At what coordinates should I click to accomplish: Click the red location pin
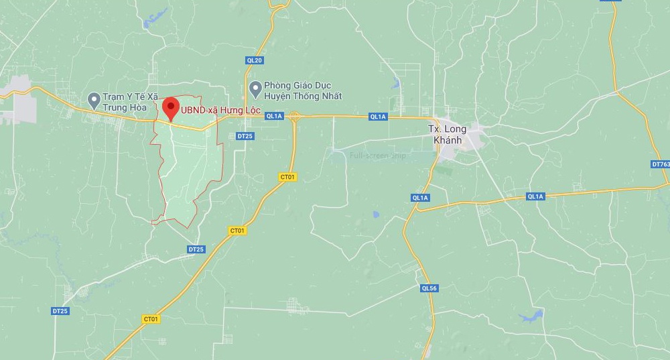(171, 108)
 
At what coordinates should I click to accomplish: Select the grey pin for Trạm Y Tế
(94, 101)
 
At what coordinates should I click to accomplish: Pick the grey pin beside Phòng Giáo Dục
(255, 88)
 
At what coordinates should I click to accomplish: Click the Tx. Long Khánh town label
(448, 135)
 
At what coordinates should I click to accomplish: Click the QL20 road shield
(255, 60)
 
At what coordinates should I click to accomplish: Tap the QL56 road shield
(429, 288)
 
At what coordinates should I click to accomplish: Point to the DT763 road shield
(661, 164)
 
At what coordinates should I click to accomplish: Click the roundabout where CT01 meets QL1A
(294, 116)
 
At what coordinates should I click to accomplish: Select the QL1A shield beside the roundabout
(275, 116)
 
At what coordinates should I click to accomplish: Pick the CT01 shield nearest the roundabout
(288, 177)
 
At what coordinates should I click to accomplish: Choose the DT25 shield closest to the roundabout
(245, 136)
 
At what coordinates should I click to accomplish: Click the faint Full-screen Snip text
(378, 156)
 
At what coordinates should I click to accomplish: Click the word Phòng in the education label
(278, 86)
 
